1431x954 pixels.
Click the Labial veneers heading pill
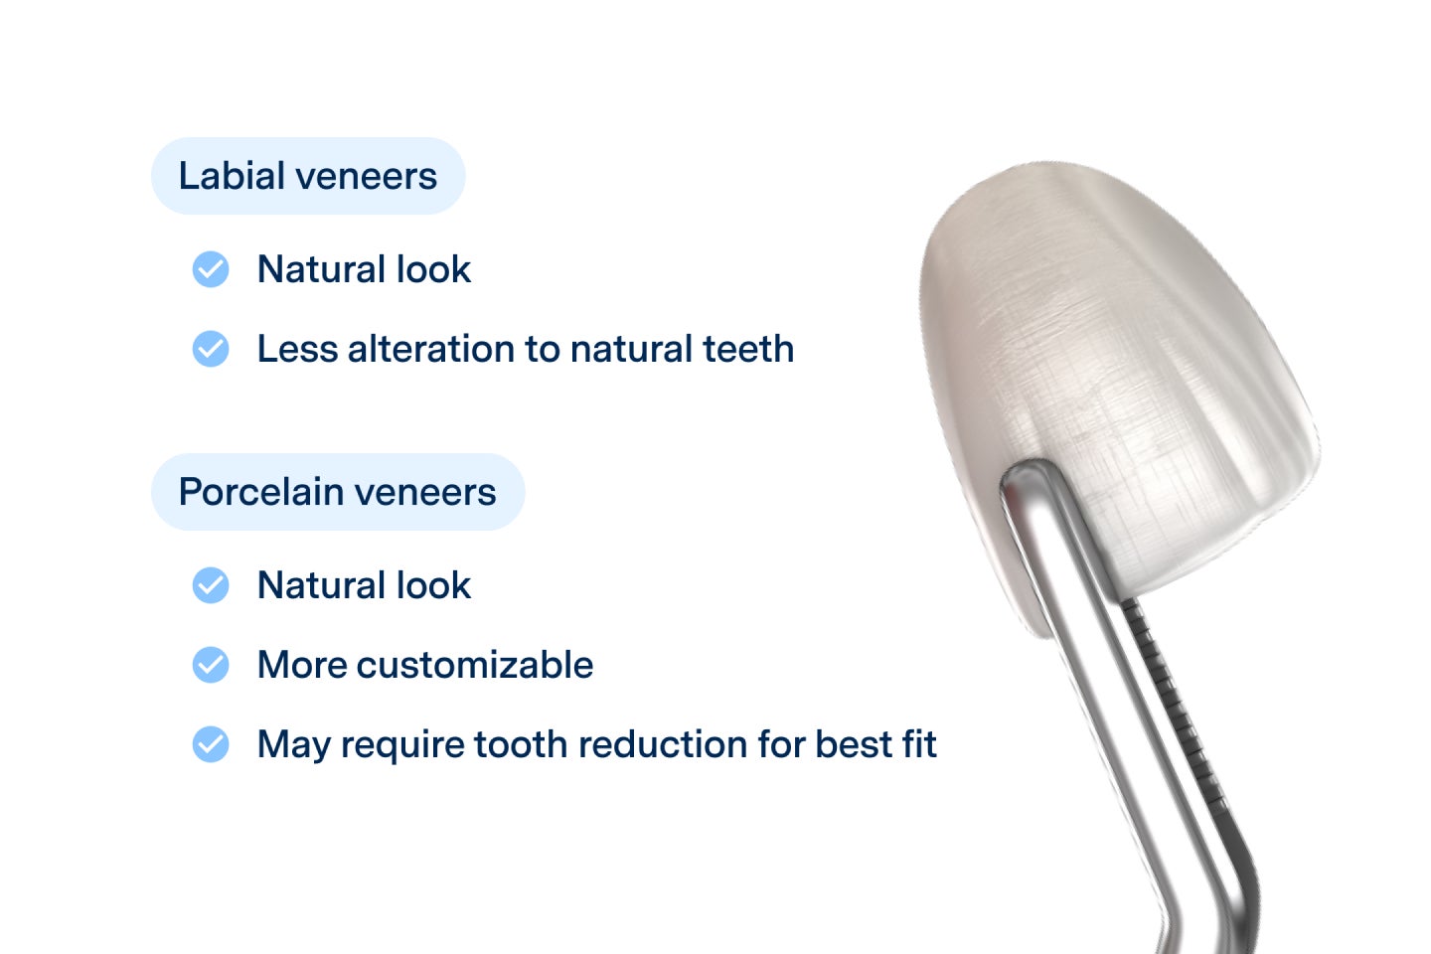(x=307, y=176)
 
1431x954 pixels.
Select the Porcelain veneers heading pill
(x=337, y=492)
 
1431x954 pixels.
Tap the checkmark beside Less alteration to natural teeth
(x=211, y=349)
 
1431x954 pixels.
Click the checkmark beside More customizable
(x=211, y=665)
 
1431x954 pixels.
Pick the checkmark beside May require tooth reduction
(x=211, y=744)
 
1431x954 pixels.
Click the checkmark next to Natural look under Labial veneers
(x=211, y=269)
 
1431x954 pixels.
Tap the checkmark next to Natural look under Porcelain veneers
(x=211, y=585)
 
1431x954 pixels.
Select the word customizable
(x=474, y=665)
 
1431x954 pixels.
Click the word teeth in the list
(x=748, y=349)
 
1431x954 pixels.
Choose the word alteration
(x=430, y=349)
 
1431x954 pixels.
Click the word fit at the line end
(x=920, y=744)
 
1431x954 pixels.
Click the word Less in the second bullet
(x=296, y=349)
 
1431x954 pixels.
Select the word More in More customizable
(x=301, y=665)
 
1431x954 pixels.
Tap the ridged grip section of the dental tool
(x=1173, y=696)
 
